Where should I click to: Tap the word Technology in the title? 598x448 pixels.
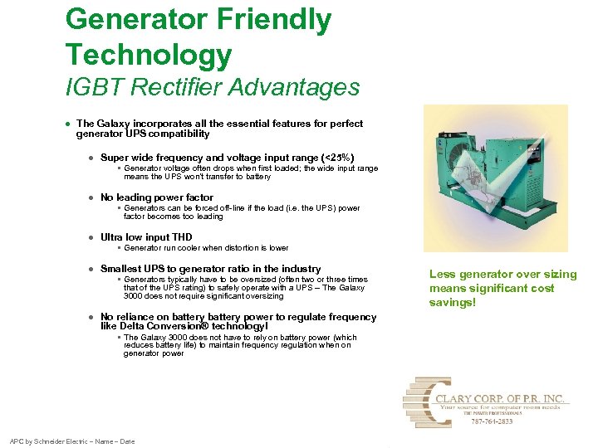149,55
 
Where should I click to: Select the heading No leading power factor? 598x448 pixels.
157,197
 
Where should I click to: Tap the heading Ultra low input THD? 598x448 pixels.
146,237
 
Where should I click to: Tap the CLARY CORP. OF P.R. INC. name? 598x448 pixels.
502,399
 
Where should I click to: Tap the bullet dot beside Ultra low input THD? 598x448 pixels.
91,238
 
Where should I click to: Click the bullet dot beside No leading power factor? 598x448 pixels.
91,198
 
